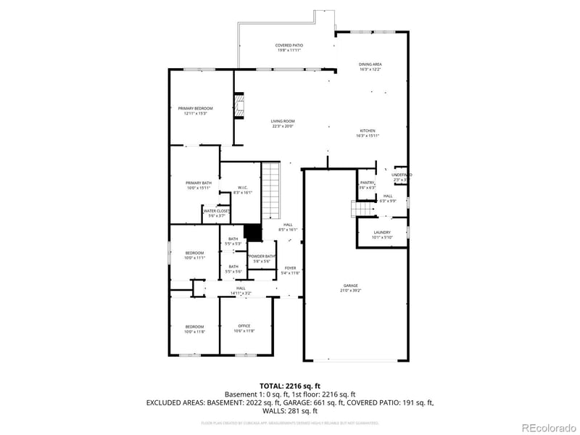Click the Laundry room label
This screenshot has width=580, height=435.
click(x=382, y=234)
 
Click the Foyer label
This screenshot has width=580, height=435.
click(x=290, y=270)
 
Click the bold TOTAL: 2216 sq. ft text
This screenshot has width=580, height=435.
click(x=290, y=386)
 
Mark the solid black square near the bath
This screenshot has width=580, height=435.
click(x=252, y=232)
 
